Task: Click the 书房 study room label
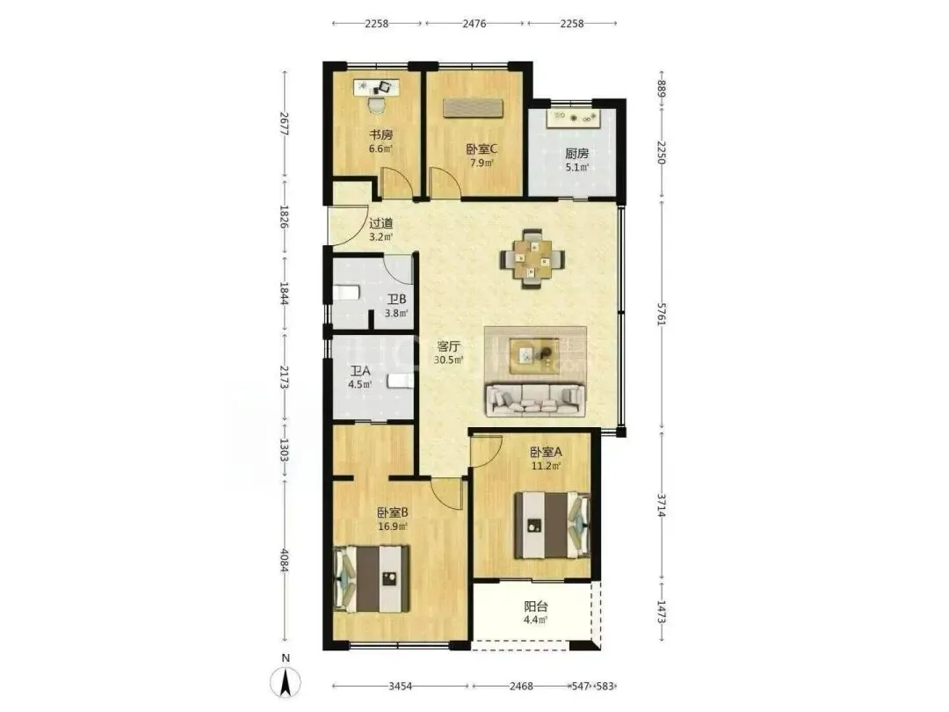point(380,134)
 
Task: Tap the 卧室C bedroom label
point(482,149)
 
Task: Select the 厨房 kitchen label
point(576,153)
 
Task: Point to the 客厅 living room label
point(448,347)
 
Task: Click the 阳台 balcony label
point(536,607)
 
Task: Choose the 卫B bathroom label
point(396,300)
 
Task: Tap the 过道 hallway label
point(380,223)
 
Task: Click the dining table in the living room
point(532,259)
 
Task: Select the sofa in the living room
point(535,400)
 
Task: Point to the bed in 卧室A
point(552,525)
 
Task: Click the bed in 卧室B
point(371,578)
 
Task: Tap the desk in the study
point(377,89)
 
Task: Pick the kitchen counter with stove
point(573,118)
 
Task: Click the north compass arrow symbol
point(286,682)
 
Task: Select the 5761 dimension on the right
point(663,315)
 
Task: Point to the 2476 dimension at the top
point(474,24)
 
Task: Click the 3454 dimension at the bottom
point(400,687)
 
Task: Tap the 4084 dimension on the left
point(284,560)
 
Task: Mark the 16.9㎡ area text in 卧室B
point(392,527)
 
